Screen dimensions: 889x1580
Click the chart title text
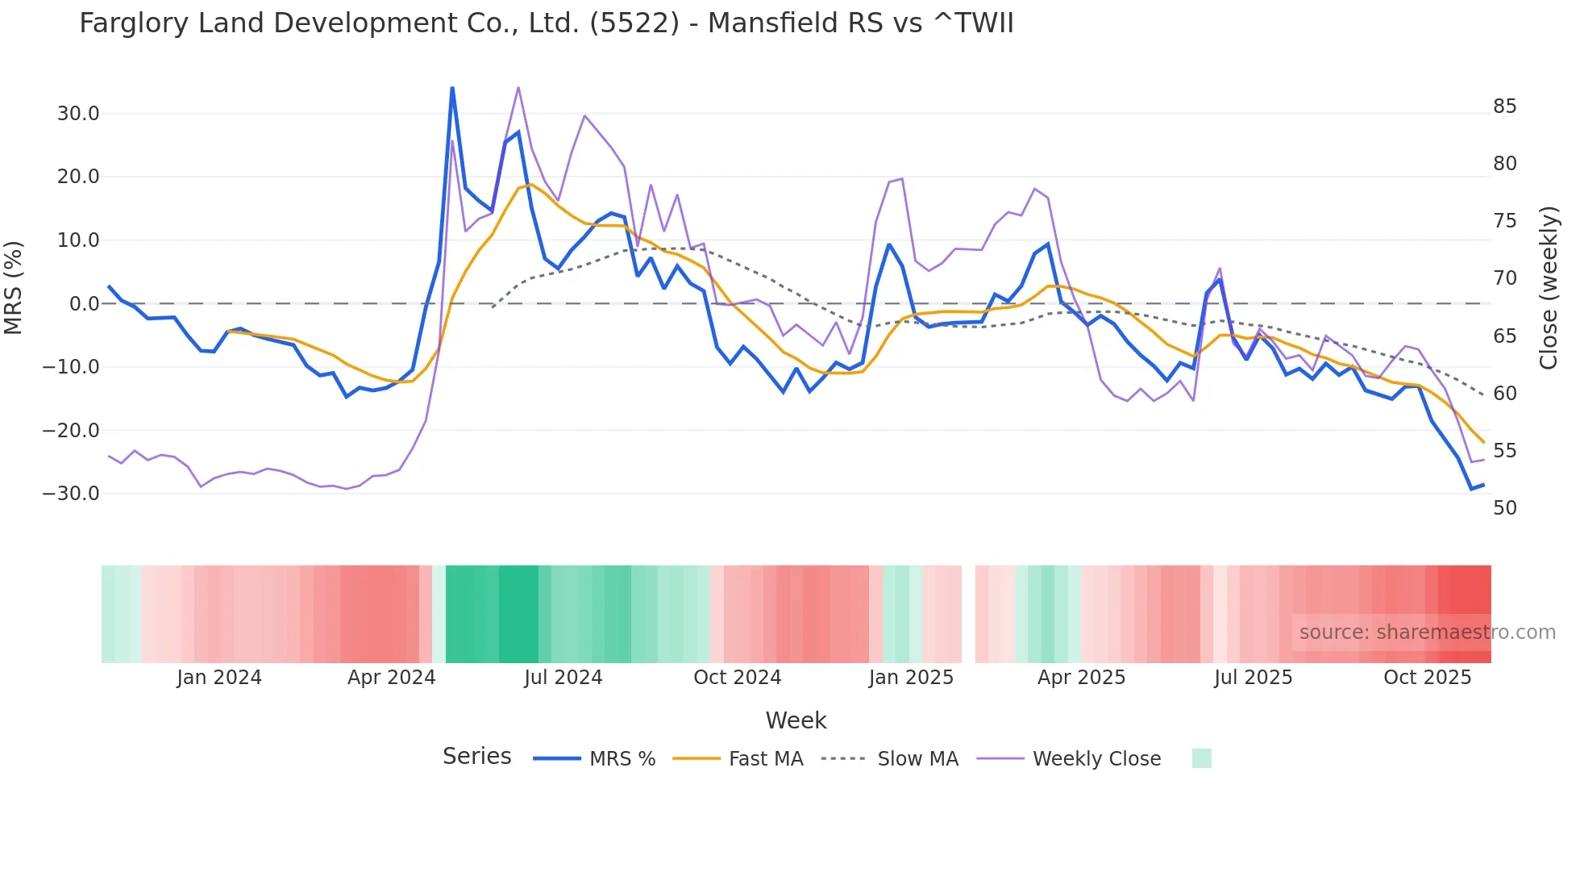[546, 23]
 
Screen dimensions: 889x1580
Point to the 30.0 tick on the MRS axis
[78, 114]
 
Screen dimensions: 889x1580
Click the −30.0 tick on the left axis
[71, 494]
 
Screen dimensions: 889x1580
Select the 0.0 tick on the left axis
[84, 304]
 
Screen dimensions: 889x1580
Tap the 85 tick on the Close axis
[1504, 106]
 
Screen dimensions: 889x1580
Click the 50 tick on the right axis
[1504, 508]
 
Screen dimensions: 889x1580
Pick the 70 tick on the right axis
[1504, 278]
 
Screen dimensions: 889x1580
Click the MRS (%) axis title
[14, 288]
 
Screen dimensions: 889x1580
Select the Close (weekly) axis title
[1548, 288]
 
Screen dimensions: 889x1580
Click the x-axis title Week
[796, 720]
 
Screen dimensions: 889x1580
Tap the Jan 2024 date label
[219, 678]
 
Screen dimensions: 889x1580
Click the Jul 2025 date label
[1253, 678]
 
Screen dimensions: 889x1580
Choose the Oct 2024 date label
[737, 678]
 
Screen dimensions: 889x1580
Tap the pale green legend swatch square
[1201, 758]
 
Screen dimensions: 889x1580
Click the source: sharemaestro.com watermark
[1427, 632]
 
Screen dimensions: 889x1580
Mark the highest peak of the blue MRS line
[452, 88]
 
